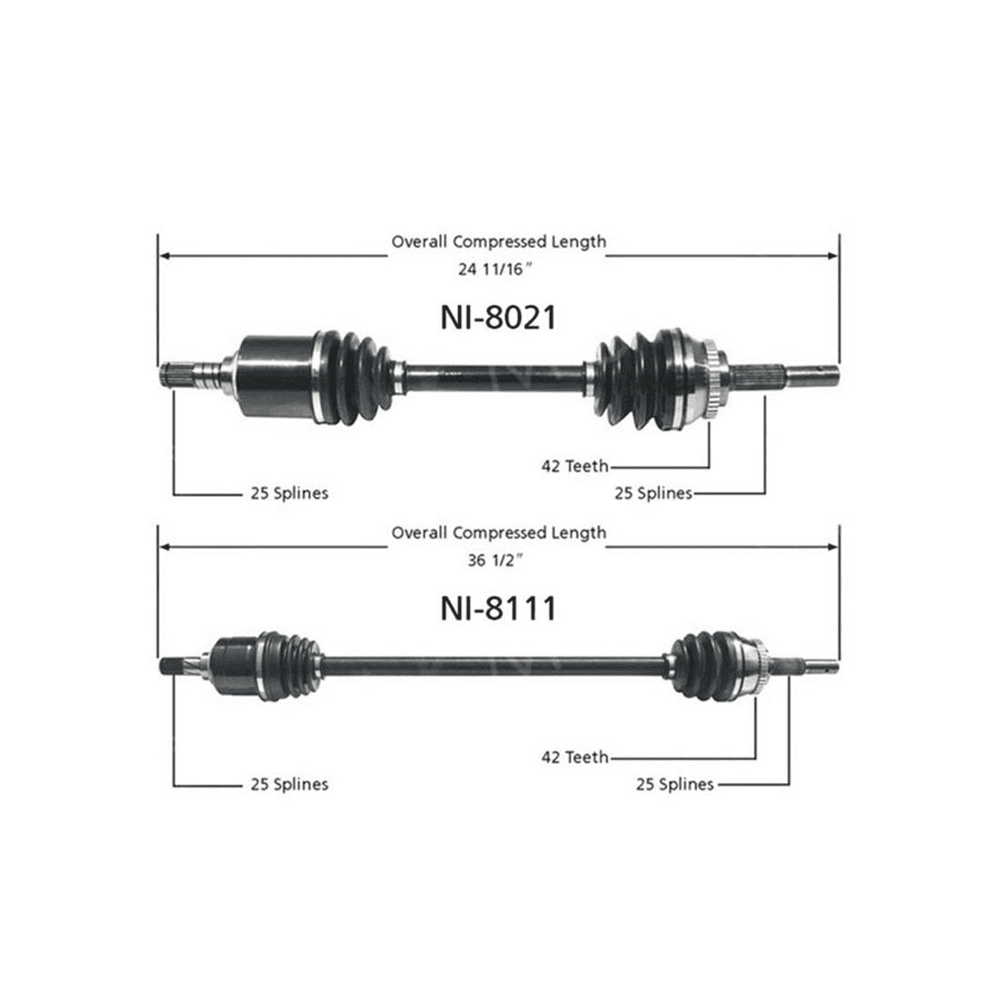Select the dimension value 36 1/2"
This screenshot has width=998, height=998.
[x=498, y=561]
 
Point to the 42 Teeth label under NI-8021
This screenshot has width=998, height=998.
[x=575, y=466]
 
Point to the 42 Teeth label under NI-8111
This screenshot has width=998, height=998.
[x=575, y=757]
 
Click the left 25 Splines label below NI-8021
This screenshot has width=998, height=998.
[x=289, y=494]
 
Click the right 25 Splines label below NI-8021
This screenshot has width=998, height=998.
[x=653, y=494]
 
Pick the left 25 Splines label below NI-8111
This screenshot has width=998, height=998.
[x=289, y=784]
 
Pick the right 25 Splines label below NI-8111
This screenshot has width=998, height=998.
[x=675, y=784]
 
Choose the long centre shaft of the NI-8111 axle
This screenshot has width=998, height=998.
[x=494, y=664]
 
